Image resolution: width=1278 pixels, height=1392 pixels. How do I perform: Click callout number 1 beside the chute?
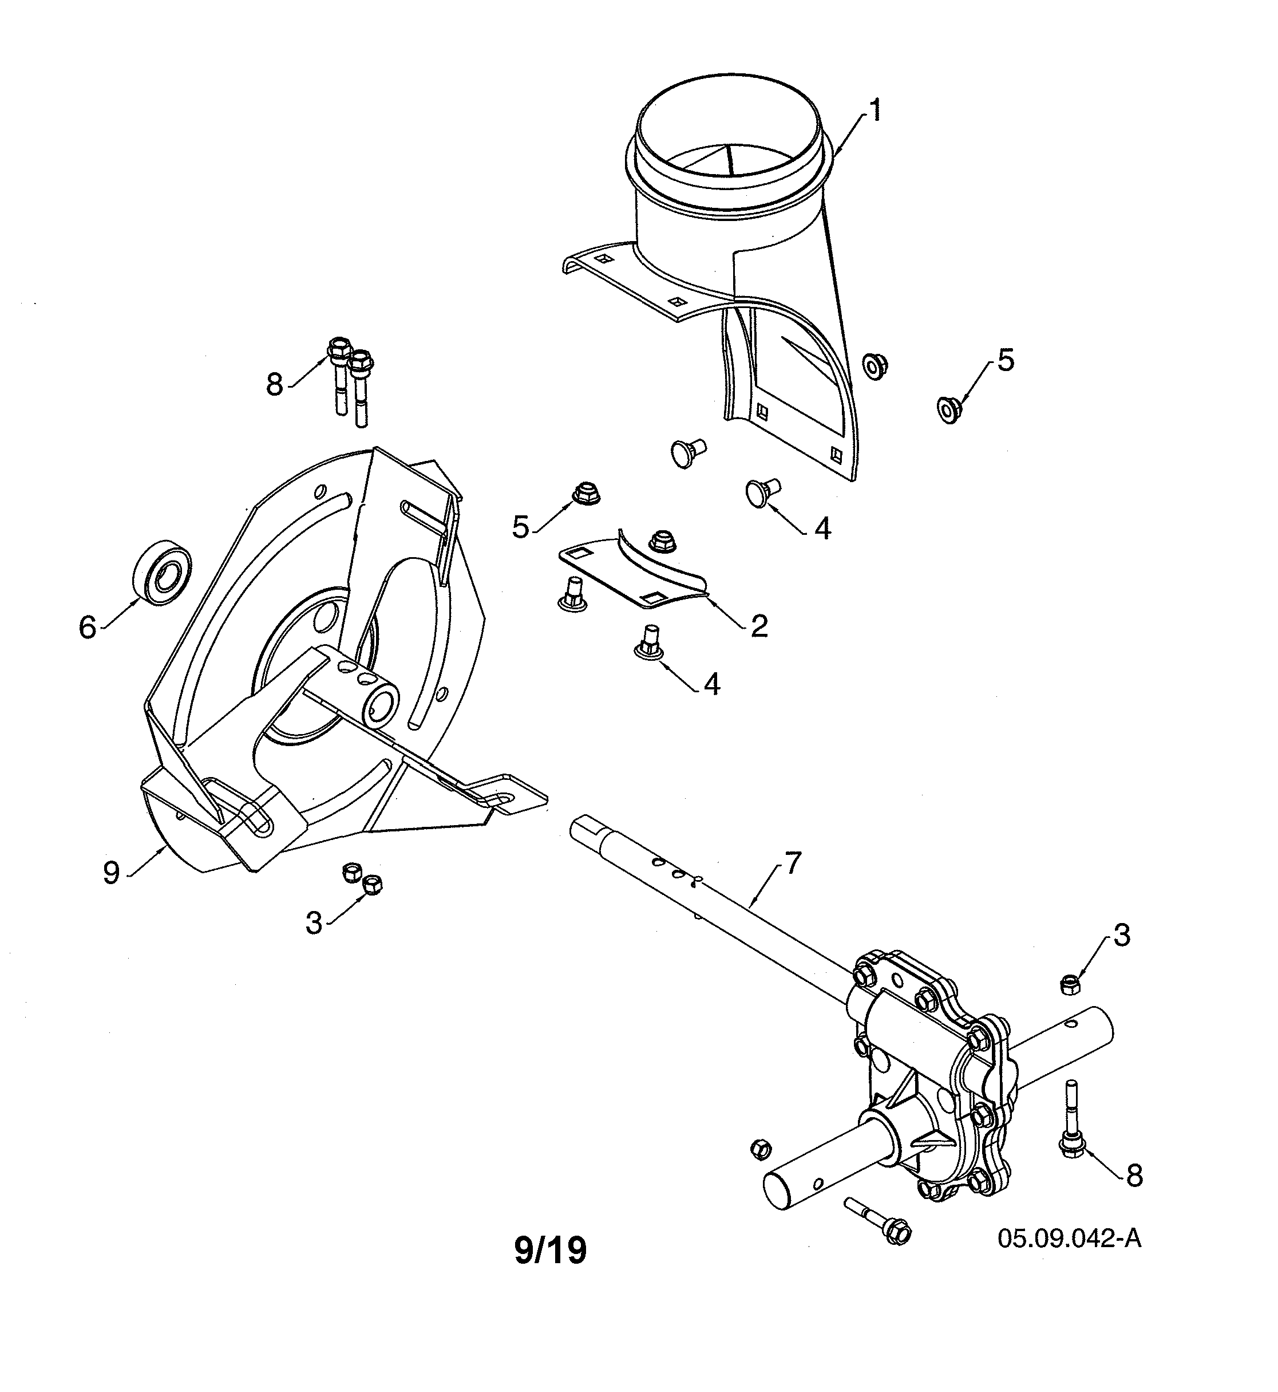click(x=875, y=111)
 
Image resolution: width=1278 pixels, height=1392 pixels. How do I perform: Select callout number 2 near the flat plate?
click(x=759, y=626)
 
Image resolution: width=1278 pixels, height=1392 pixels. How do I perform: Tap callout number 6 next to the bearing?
click(x=87, y=628)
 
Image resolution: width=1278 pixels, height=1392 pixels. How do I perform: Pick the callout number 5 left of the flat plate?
click(x=520, y=527)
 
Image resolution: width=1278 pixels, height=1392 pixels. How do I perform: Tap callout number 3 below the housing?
click(x=314, y=923)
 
